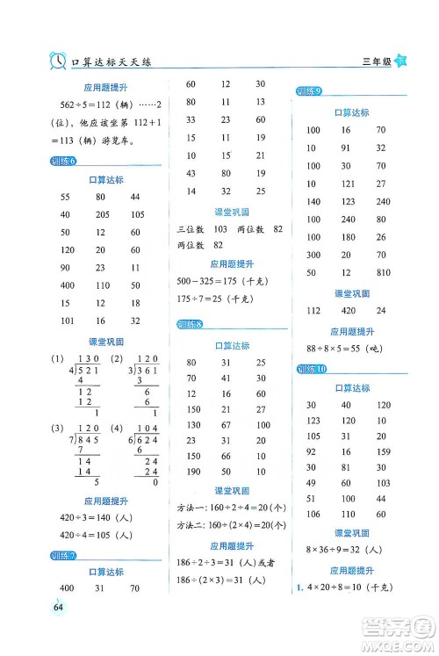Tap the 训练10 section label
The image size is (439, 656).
(310, 371)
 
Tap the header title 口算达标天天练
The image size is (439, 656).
(114, 61)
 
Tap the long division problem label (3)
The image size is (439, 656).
(33, 429)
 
